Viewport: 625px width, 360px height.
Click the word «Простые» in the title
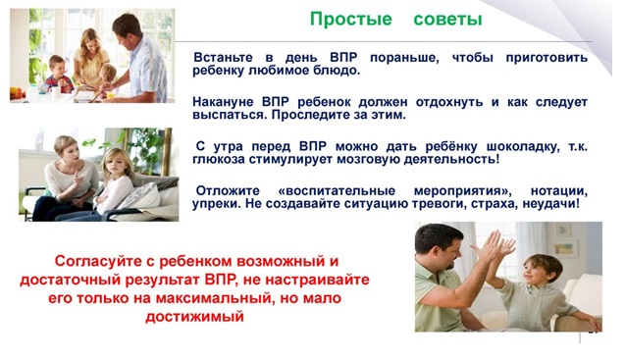351,20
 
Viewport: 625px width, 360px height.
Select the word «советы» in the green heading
447,20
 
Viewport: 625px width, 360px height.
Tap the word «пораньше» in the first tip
404,58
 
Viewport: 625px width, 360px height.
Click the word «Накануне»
223,102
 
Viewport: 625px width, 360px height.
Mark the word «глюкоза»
219,160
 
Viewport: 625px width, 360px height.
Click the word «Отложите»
228,191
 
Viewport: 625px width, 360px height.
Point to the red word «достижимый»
194,317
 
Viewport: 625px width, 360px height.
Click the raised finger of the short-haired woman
77,175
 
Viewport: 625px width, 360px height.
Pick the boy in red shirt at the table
58,75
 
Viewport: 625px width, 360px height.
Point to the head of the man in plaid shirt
128,28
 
